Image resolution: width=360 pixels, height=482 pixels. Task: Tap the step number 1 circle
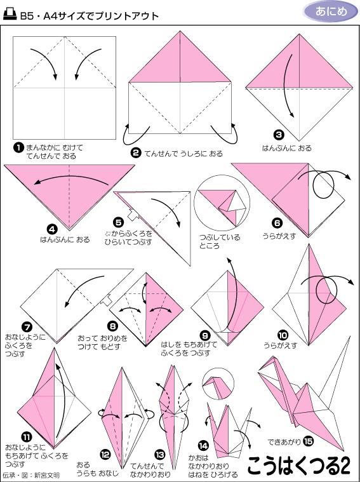(x=18, y=147)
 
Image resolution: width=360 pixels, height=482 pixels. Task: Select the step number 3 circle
(x=278, y=135)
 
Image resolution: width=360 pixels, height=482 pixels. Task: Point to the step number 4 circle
(x=52, y=229)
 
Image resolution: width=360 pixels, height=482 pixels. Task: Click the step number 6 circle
(x=277, y=223)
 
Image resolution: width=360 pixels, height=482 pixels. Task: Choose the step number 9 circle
(x=204, y=335)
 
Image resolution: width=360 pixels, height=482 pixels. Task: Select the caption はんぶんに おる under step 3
(x=287, y=148)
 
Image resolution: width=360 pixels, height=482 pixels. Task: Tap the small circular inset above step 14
(x=217, y=384)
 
